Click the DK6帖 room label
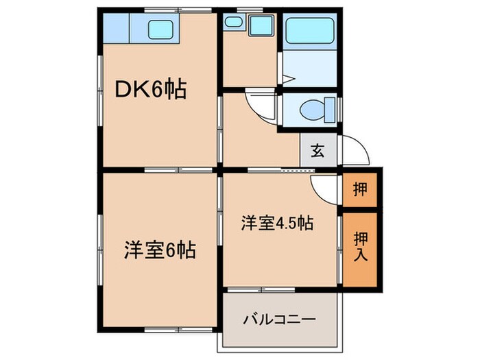click(149, 89)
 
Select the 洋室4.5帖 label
click(277, 224)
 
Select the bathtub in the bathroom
click(310, 29)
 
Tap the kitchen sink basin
click(162, 29)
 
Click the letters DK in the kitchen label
click(130, 89)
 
